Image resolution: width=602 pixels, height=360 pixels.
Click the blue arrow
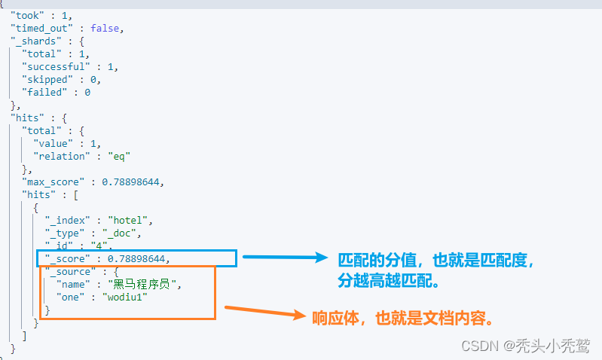coord(286,258)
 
